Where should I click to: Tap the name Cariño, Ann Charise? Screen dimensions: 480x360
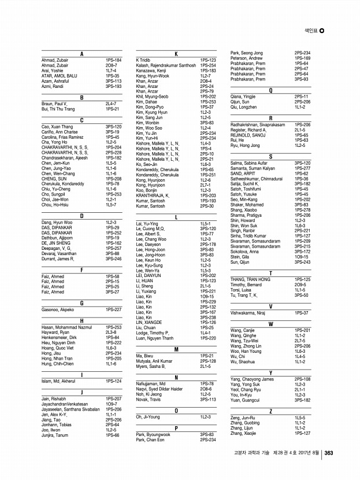coord(60,132)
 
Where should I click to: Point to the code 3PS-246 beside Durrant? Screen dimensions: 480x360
coord(113,259)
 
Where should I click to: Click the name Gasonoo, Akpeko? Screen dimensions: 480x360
coord(57,309)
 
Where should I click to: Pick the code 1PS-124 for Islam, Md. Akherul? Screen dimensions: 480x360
coord(114,381)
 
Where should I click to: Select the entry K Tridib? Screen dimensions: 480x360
coord(144,60)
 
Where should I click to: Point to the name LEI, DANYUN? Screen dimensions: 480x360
coord(149,275)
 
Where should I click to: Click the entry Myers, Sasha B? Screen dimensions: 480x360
coord(150,366)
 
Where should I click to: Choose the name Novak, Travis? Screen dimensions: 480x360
coord(149,399)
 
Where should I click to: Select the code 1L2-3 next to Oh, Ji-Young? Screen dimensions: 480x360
coord(206,416)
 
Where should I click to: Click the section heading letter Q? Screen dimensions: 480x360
coord(270,91)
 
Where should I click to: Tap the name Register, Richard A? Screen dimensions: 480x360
coord(253,130)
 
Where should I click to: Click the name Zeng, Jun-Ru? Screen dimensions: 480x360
coord(243,417)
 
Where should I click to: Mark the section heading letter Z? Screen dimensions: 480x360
coord(270,411)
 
